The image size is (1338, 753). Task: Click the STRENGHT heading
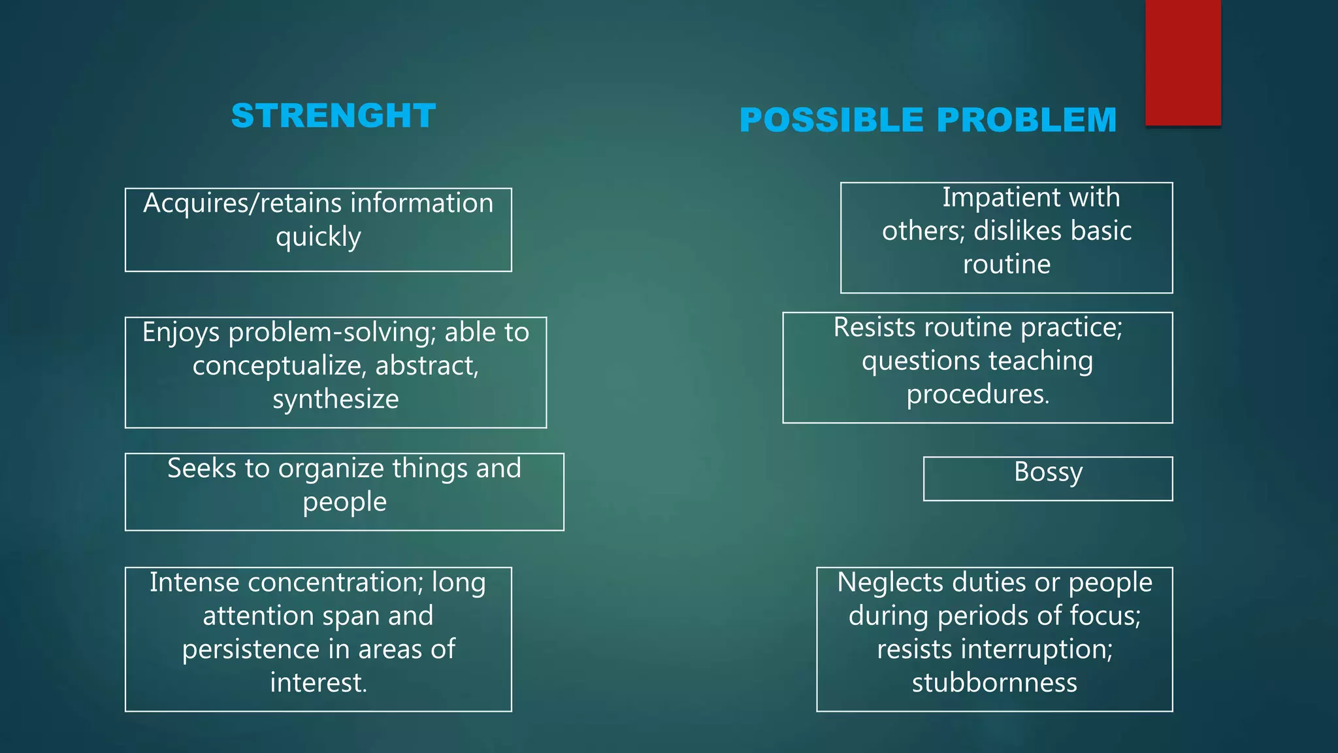(x=333, y=116)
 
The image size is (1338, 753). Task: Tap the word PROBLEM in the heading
(x=1026, y=120)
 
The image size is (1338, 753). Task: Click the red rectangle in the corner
(x=1183, y=62)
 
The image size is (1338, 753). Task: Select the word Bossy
(x=1048, y=472)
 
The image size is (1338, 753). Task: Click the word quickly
(x=318, y=237)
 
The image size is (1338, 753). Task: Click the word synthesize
(x=335, y=399)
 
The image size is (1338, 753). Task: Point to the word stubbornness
(x=994, y=683)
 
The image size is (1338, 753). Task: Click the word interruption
(x=1034, y=650)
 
